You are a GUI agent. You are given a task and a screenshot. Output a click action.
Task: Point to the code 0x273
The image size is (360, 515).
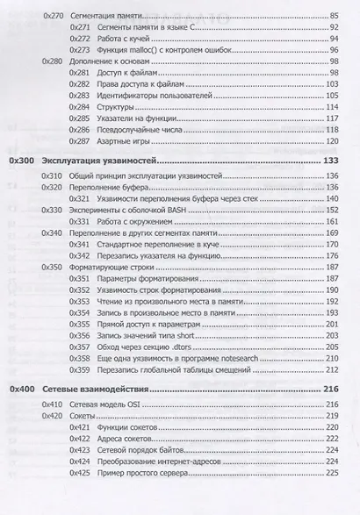(x=80, y=51)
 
